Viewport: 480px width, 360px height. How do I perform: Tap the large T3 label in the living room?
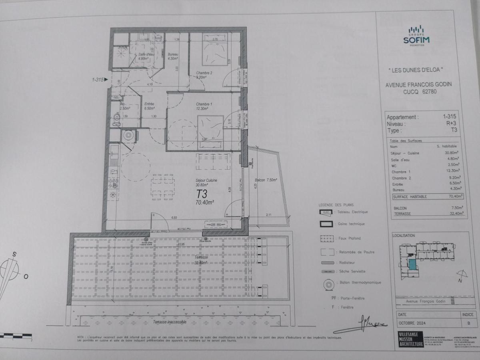pos(201,194)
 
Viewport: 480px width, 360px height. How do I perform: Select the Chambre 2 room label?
pos(204,75)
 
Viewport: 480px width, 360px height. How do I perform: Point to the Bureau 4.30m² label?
pos(173,56)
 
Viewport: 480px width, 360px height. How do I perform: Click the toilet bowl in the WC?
pos(116,118)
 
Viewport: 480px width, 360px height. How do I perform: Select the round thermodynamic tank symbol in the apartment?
pos(128,135)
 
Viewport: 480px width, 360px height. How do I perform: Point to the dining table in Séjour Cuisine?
pos(163,186)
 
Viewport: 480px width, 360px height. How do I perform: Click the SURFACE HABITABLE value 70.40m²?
pos(455,196)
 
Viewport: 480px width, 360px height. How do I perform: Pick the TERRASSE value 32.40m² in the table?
pos(456,214)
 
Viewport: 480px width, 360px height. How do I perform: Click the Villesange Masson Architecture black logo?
pos(411,339)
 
